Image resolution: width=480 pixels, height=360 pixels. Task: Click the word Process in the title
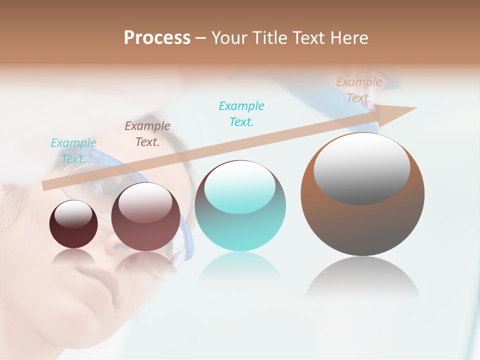pyautogui.click(x=157, y=38)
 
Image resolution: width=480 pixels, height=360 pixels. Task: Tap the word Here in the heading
pyautogui.click(x=349, y=38)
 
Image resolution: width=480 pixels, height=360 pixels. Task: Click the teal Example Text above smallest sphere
pyautogui.click(x=73, y=150)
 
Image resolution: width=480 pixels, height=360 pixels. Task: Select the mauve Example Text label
pyautogui.click(x=147, y=133)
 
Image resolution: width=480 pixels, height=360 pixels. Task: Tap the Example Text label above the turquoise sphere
pyautogui.click(x=241, y=113)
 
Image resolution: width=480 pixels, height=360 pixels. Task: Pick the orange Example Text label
pyautogui.click(x=359, y=89)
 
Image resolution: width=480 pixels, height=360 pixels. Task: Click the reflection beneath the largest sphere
pyautogui.click(x=362, y=280)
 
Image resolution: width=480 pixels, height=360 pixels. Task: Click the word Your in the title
pyautogui.click(x=228, y=38)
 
